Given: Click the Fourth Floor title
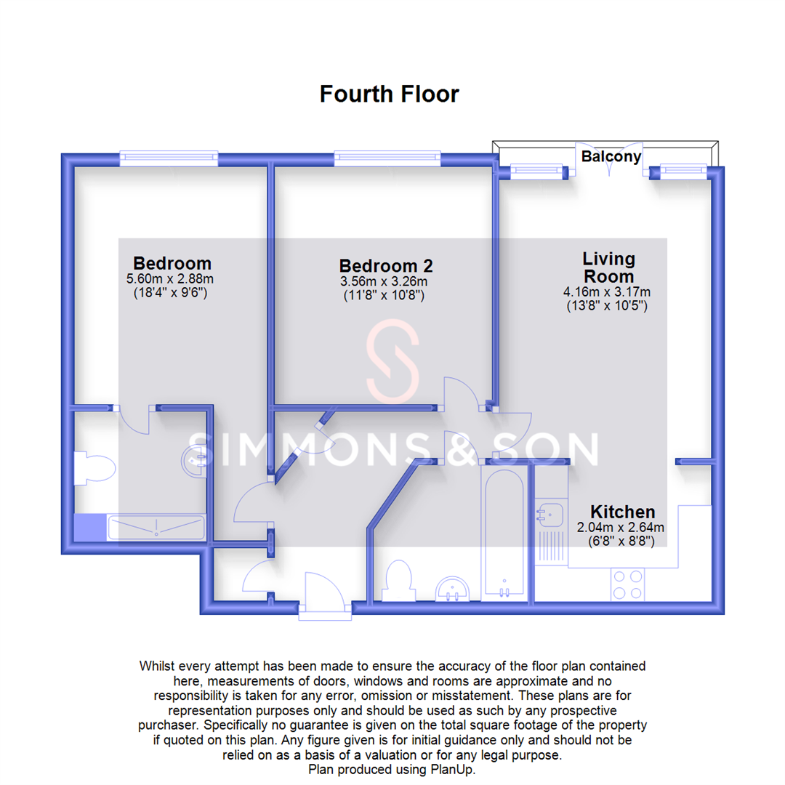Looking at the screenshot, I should click(x=390, y=94).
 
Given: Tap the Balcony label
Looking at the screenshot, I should click(x=611, y=156).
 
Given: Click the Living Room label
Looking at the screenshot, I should click(x=608, y=267).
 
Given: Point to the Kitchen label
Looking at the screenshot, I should click(x=622, y=511).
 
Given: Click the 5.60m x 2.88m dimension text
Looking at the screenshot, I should click(x=172, y=278).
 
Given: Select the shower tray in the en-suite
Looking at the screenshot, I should click(x=156, y=528).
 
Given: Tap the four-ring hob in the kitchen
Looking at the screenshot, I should click(x=628, y=584).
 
